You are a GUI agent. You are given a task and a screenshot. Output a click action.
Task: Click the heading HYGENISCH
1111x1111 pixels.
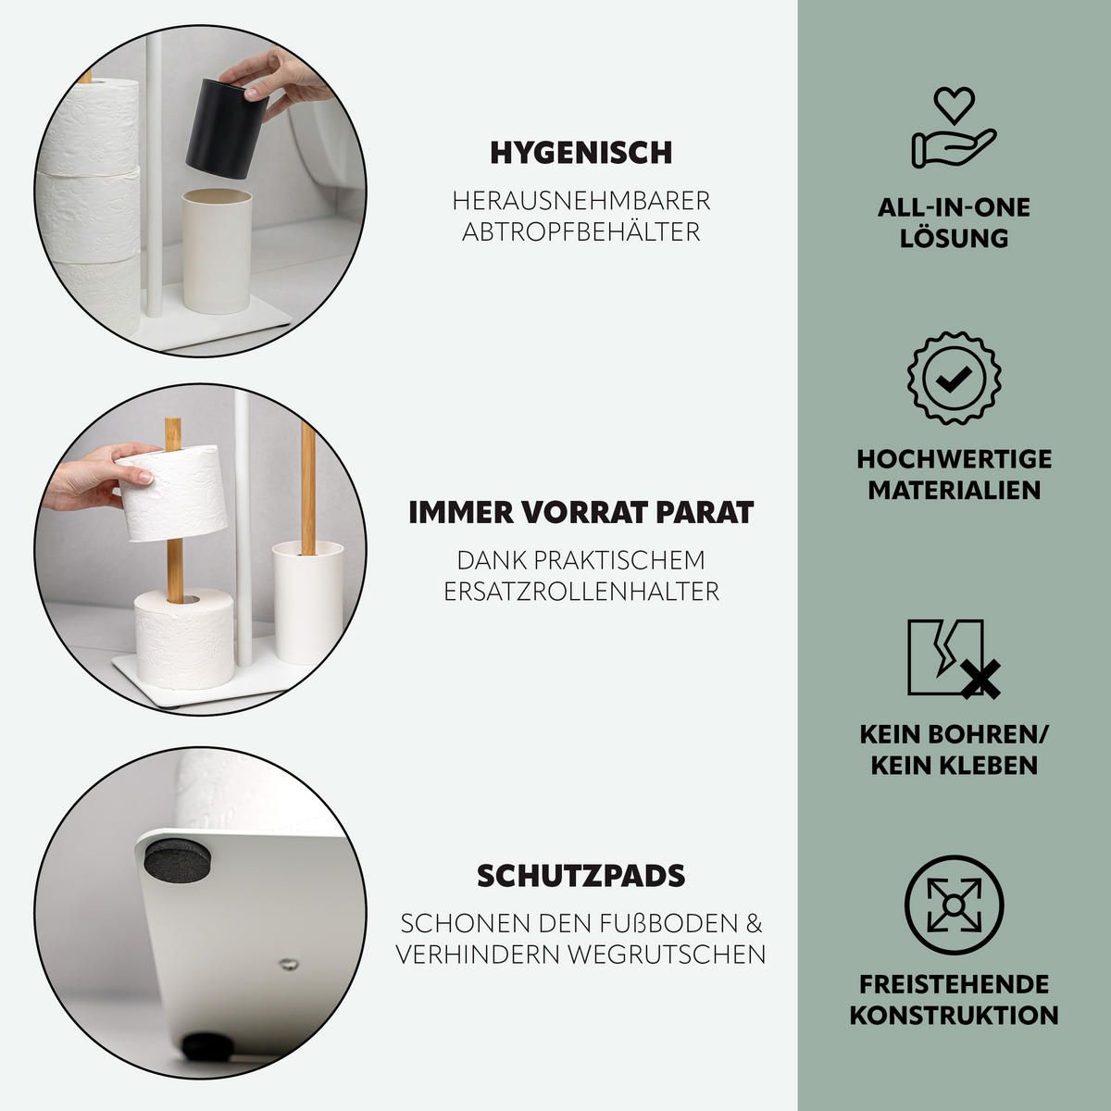(x=580, y=153)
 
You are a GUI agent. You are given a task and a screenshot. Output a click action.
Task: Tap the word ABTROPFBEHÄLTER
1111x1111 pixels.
(x=580, y=231)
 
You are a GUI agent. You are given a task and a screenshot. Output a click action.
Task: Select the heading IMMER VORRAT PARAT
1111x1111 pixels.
(x=580, y=513)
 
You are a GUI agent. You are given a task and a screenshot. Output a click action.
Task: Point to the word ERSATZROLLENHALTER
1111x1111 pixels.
(x=580, y=592)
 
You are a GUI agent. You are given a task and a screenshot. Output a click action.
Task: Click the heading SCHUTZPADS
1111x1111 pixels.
(x=580, y=876)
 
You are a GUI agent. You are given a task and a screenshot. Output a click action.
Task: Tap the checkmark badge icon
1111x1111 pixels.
(x=954, y=378)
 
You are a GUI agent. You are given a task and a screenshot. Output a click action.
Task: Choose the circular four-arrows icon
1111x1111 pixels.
(x=954, y=905)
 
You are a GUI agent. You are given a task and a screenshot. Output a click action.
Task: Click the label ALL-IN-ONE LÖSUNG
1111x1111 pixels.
(x=954, y=222)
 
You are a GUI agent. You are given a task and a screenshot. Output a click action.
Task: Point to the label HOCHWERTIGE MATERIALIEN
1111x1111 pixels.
(x=954, y=474)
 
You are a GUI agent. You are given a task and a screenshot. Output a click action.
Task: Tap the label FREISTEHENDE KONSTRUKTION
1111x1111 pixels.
(x=954, y=999)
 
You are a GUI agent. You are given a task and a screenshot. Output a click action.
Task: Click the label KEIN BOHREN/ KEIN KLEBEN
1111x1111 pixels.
(x=954, y=750)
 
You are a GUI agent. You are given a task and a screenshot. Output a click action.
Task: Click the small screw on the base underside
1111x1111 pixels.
(x=288, y=964)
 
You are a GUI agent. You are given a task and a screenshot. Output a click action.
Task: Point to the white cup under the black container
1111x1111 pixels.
(x=216, y=250)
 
